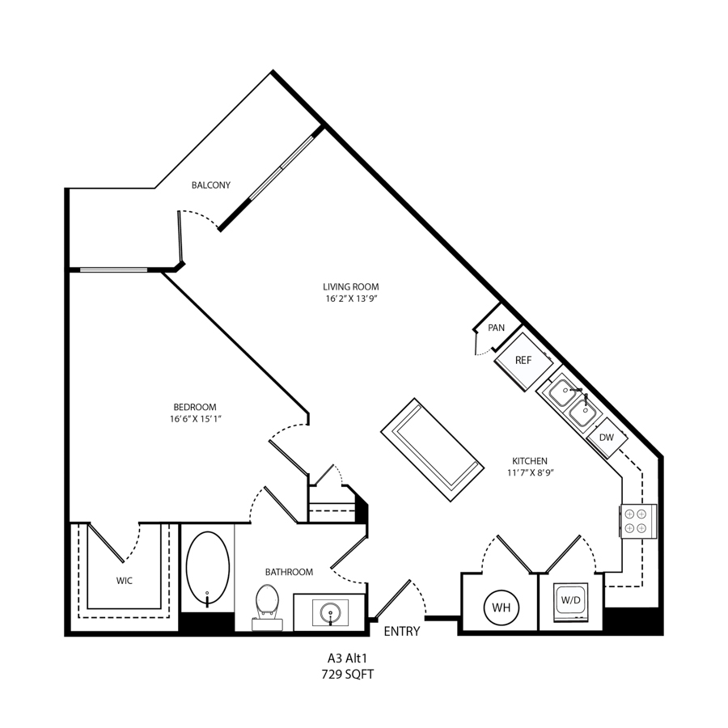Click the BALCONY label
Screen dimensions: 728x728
point(211,185)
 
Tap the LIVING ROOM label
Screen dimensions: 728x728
point(350,287)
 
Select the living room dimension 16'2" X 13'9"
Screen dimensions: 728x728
point(350,299)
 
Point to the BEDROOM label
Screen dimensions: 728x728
point(195,407)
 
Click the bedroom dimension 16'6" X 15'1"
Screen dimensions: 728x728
point(195,419)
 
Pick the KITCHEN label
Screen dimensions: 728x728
point(530,461)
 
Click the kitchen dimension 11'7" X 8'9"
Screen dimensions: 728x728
point(530,473)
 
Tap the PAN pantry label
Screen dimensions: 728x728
point(497,328)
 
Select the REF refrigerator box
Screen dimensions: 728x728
point(523,361)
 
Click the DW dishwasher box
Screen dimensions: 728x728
point(607,438)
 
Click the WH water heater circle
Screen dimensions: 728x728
point(501,607)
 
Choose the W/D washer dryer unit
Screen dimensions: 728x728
point(570,602)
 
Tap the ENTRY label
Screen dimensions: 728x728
point(402,632)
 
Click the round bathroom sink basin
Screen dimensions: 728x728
point(330,612)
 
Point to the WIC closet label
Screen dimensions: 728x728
point(125,581)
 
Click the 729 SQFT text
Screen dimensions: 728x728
point(347,675)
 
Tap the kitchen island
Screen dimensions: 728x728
point(432,450)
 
